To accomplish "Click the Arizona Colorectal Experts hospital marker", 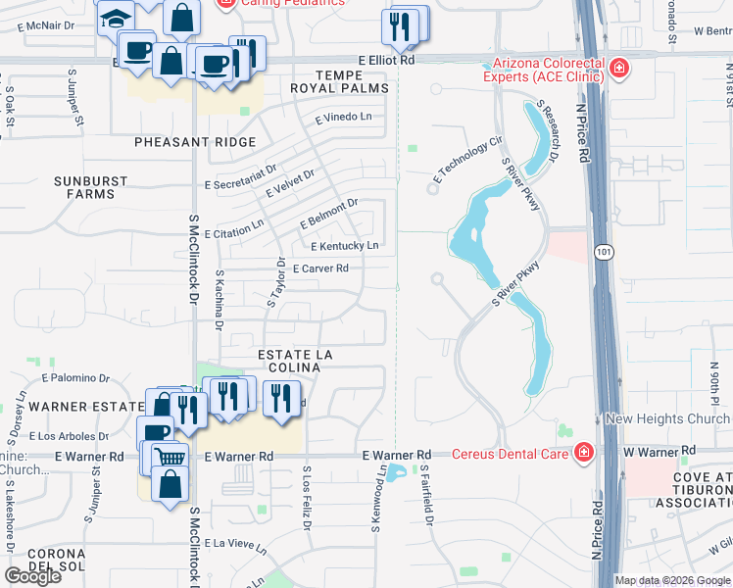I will point(618,69).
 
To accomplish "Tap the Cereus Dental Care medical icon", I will point(584,453).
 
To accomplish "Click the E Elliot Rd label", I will point(386,60).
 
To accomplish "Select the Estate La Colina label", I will point(289,360).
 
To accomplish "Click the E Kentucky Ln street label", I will point(344,246).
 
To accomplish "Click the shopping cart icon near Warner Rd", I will point(171,456).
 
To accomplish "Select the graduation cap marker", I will point(115,19).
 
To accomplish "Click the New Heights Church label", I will point(667,418).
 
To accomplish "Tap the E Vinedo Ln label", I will point(344,117).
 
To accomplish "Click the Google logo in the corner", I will point(32,576).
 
